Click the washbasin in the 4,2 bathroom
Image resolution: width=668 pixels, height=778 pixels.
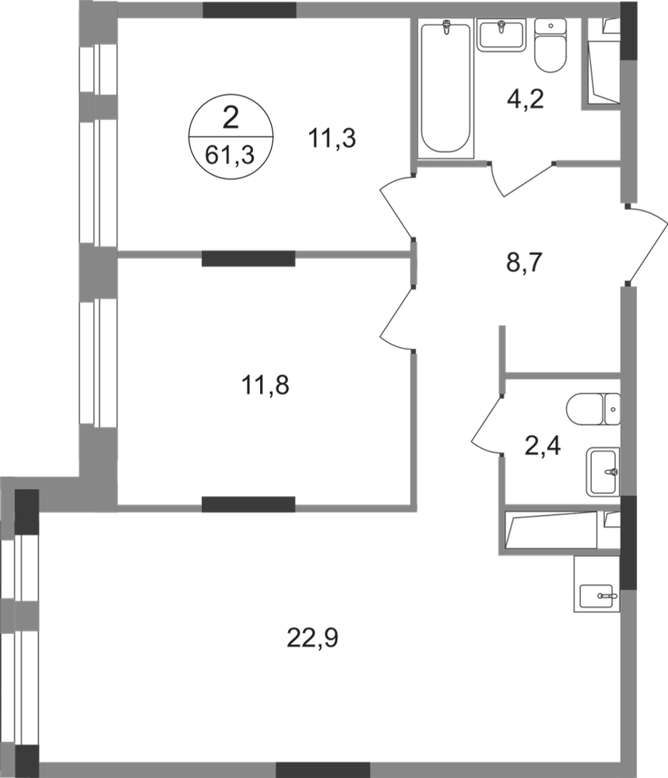(502, 36)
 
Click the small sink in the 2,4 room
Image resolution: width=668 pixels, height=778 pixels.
(603, 470)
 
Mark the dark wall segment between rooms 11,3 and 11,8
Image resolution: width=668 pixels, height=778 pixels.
(248, 254)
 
